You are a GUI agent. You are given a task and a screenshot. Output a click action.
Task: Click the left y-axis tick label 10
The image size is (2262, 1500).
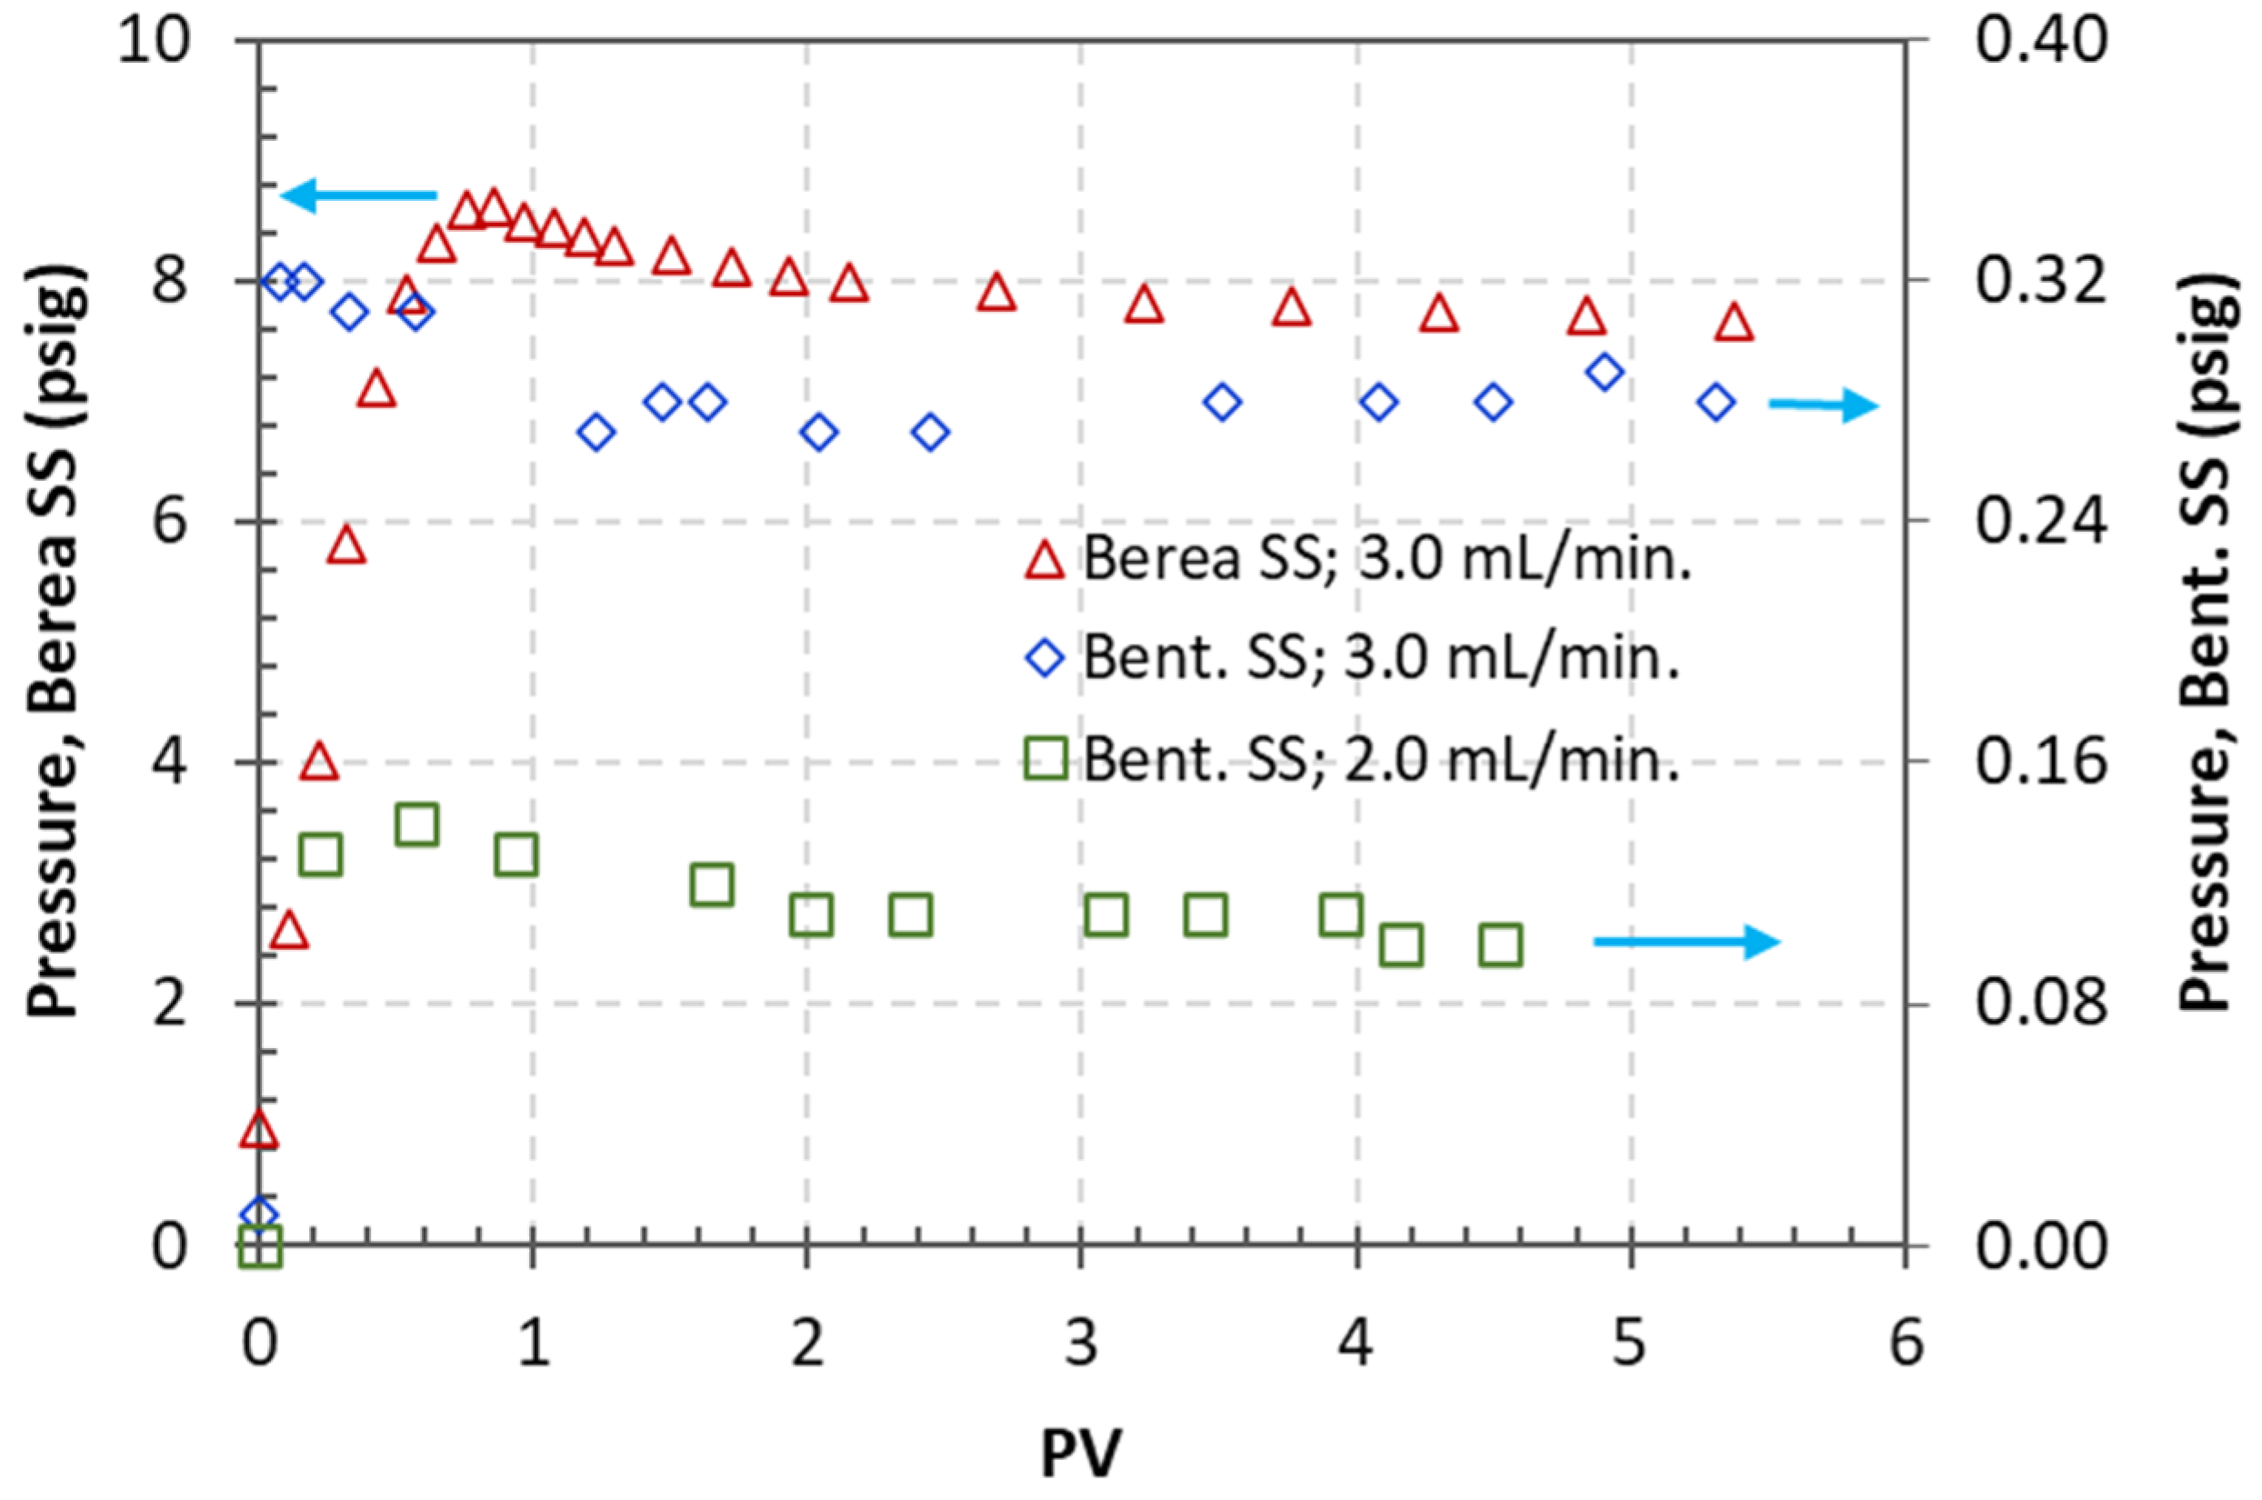coord(153,43)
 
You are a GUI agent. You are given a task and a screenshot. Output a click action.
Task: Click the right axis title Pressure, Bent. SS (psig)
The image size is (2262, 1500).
coord(2209,641)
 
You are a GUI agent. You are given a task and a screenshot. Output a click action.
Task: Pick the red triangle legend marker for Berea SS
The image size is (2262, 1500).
coord(1044,561)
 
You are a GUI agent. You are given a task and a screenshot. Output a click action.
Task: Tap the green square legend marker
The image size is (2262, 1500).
coord(1045,761)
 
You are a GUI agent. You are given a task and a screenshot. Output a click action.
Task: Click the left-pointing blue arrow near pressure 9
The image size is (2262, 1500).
coord(359,195)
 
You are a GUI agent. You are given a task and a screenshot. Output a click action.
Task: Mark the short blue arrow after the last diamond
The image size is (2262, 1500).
coord(1823,405)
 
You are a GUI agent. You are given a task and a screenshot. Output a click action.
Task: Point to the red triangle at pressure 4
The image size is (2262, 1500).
coord(319,763)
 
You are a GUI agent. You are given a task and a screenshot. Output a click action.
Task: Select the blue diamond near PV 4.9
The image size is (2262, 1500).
coord(1605,372)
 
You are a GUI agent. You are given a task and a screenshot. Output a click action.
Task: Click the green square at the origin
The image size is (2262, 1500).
coord(259,1246)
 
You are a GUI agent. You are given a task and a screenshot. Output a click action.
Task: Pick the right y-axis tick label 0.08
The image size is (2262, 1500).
coord(2042,1005)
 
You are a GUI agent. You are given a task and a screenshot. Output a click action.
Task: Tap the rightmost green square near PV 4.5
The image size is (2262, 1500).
coord(1500,945)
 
